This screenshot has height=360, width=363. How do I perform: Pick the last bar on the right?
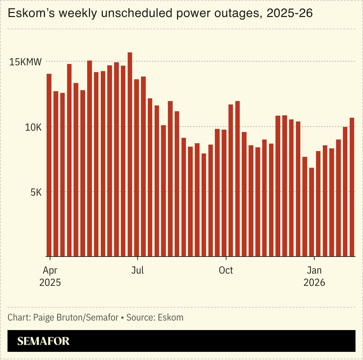tap(352, 187)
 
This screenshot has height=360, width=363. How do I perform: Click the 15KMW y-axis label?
tap(26, 62)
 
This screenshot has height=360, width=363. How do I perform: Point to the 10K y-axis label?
tap(33, 127)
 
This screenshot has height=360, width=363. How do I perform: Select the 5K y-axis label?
tap(36, 192)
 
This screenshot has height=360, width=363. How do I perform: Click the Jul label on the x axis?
tap(137, 271)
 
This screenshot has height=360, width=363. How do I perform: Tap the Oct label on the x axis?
tap(226, 271)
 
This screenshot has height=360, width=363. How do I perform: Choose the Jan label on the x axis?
tap(314, 271)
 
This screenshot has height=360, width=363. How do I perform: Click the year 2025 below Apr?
tap(50, 283)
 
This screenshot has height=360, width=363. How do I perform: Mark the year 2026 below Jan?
tap(314, 283)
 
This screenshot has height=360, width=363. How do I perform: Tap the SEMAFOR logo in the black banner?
tap(43, 341)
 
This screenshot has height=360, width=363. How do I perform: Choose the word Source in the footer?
tap(140, 318)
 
